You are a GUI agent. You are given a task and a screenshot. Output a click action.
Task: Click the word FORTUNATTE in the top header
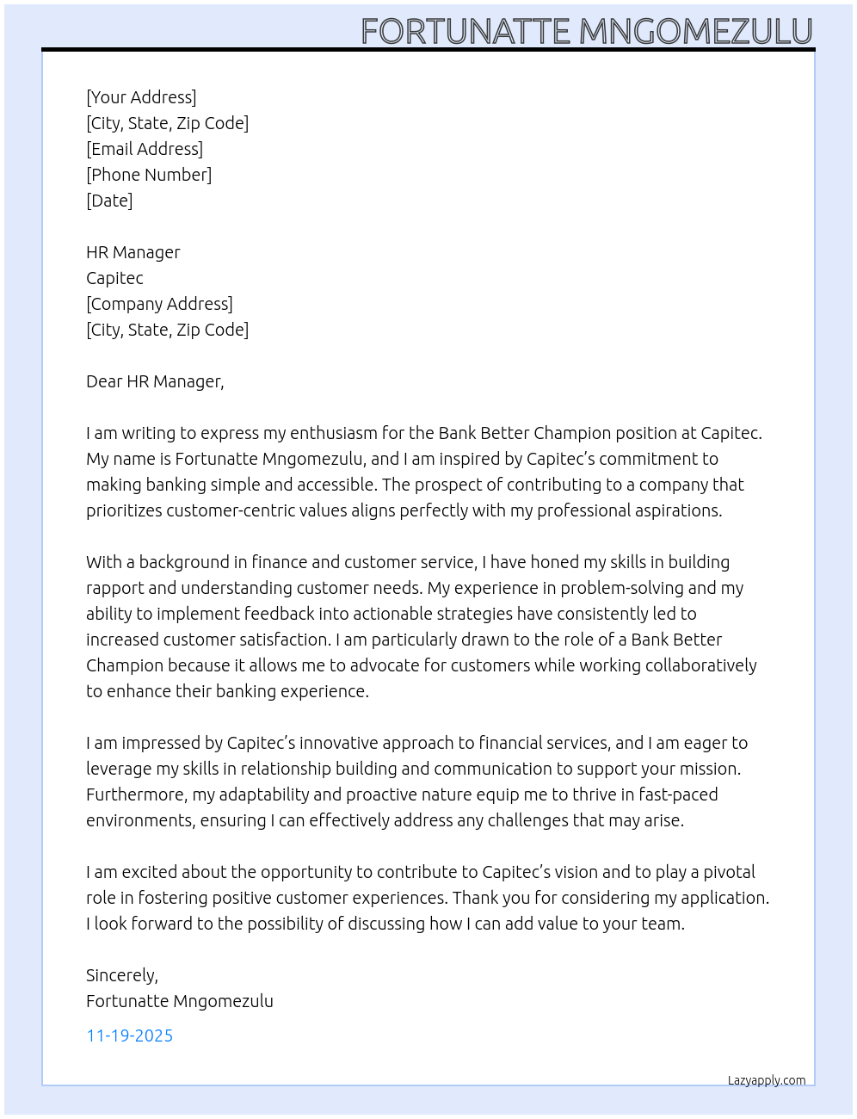465,32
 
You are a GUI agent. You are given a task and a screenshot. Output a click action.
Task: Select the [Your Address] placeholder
141,97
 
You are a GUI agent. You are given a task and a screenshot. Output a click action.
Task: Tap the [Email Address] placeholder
145,149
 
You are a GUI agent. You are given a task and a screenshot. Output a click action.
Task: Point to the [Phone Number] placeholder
149,175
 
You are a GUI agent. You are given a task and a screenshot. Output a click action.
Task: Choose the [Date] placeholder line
109,201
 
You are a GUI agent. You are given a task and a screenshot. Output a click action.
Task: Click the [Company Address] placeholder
159,304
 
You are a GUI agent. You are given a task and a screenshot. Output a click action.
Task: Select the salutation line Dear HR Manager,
155,381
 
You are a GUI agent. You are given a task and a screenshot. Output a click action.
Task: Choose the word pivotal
729,872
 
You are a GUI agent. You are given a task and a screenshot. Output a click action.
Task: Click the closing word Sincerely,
122,975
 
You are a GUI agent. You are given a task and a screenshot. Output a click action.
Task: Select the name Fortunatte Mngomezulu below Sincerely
180,1001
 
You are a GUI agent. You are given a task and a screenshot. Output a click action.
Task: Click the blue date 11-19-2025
130,1036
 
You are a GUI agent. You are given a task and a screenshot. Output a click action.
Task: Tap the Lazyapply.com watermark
767,1080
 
